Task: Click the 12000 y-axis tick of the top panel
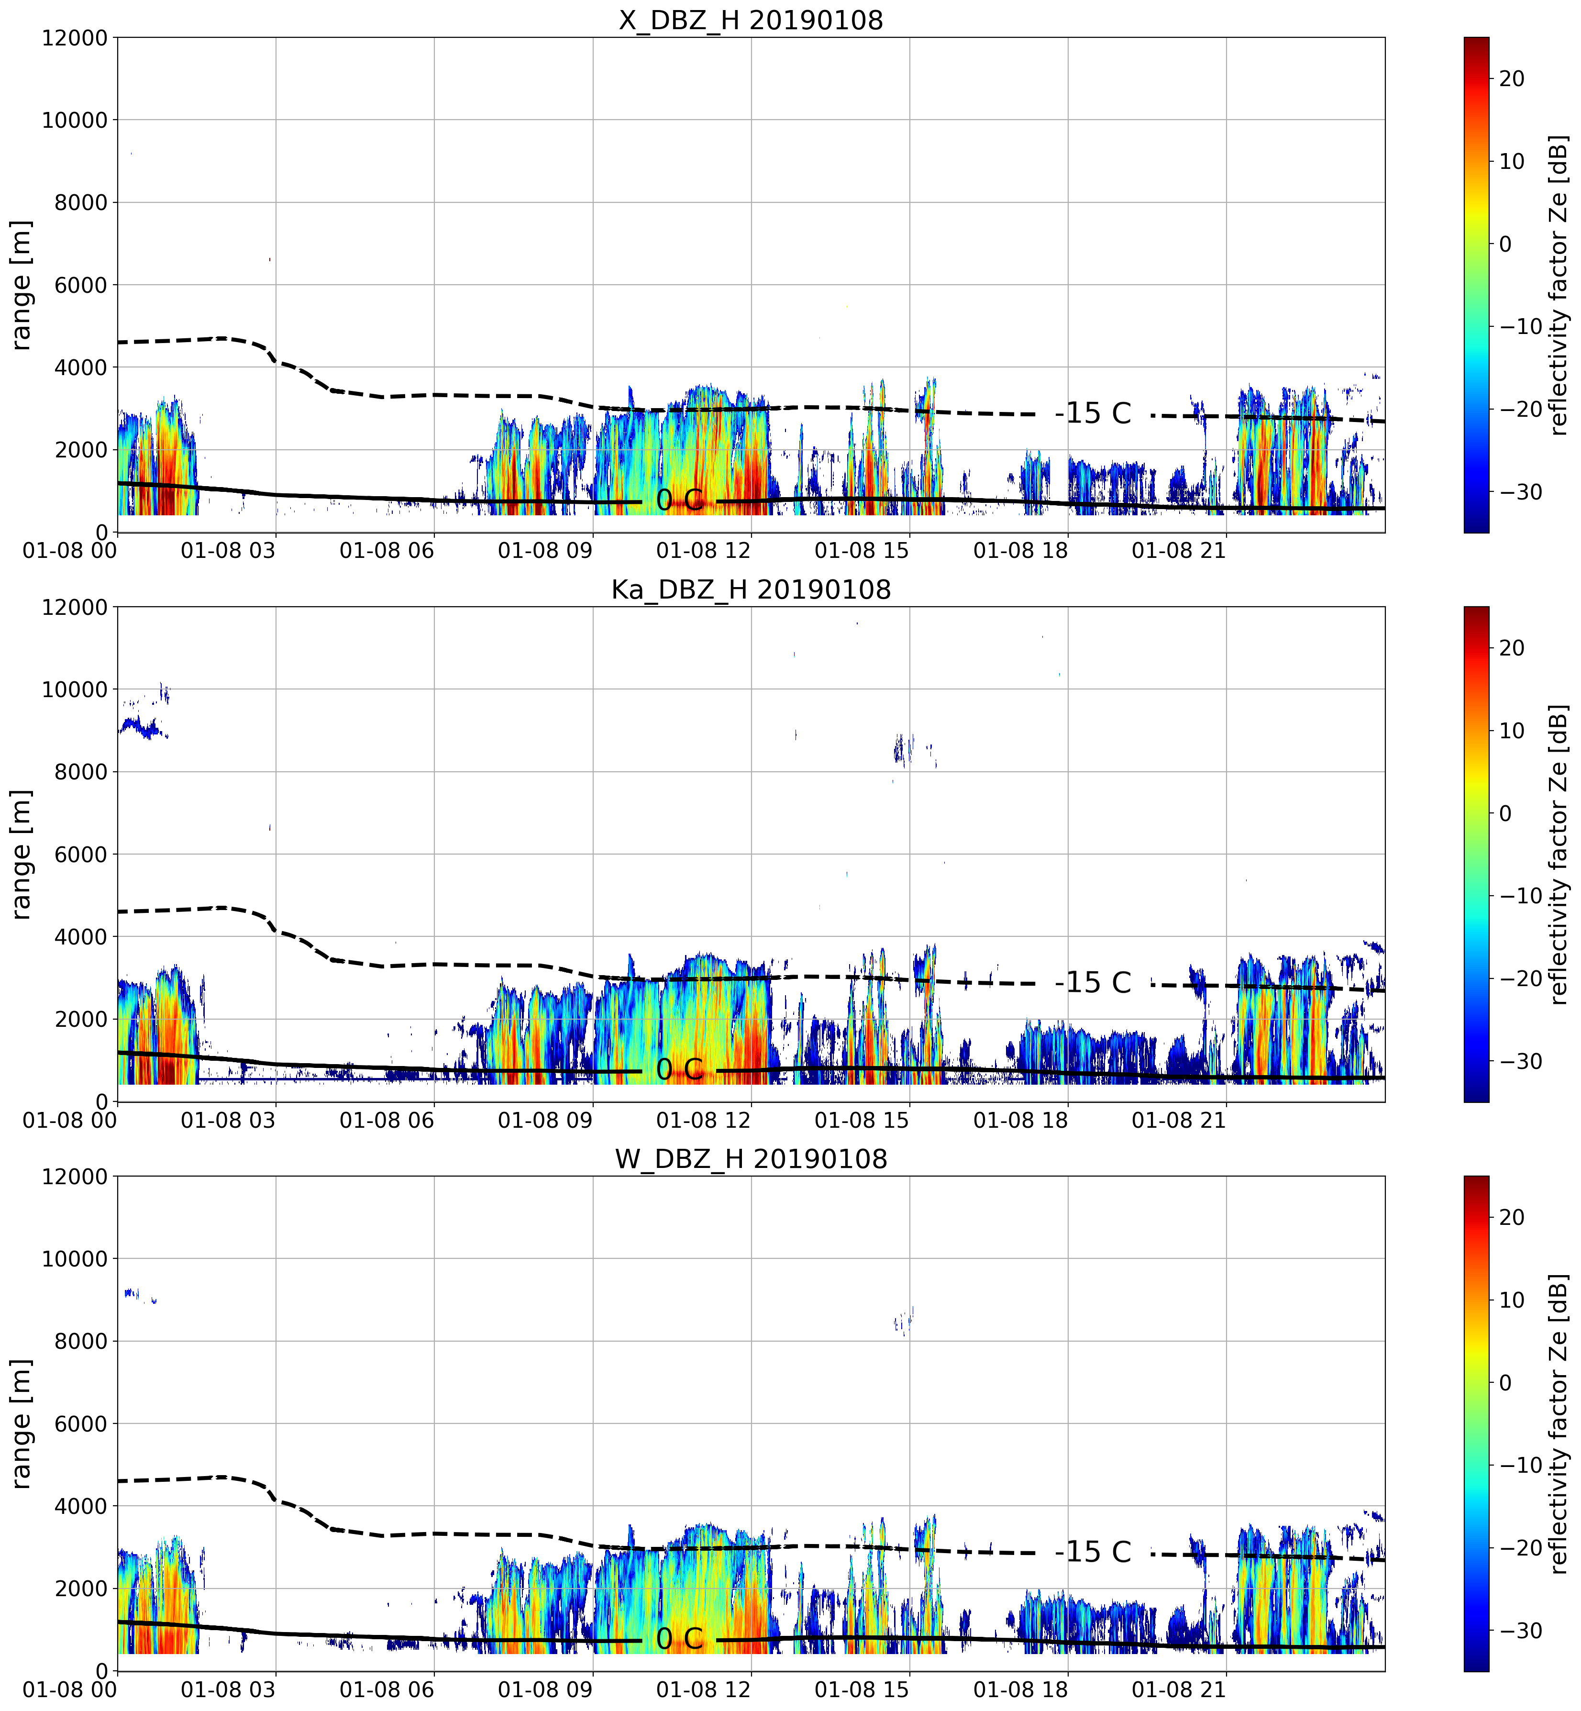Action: coord(75,38)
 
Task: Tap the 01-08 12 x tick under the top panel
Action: coord(703,550)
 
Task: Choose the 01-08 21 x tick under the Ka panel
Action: coord(1179,1120)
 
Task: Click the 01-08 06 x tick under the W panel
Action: coord(387,1689)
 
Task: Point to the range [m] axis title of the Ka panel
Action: coord(22,854)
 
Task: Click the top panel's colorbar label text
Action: coord(1559,285)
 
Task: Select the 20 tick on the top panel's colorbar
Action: coord(1512,78)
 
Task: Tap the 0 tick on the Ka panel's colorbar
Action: coord(1505,813)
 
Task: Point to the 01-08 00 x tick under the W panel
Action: coord(70,1689)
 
